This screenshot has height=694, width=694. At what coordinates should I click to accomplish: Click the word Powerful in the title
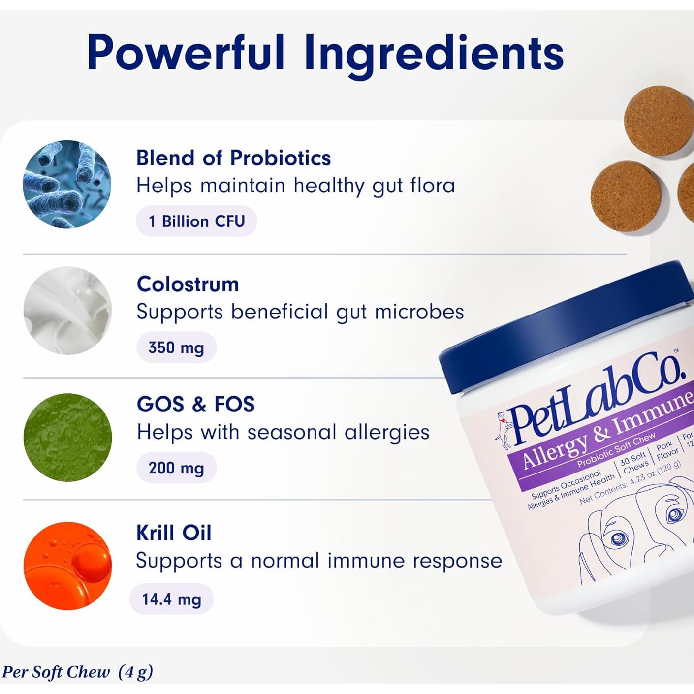click(x=186, y=53)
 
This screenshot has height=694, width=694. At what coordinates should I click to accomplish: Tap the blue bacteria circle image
click(x=67, y=185)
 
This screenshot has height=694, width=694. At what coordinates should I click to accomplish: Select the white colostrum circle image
click(x=67, y=311)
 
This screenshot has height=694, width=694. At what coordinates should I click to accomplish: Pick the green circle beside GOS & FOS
click(x=67, y=437)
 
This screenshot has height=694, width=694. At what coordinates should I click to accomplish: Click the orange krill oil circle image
click(x=67, y=566)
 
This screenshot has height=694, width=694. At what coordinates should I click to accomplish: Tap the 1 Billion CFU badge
click(x=196, y=221)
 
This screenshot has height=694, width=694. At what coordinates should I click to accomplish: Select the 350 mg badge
click(x=176, y=347)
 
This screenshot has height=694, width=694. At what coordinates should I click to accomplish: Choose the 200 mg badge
click(x=176, y=468)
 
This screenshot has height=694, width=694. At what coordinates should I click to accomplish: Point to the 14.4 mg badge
click(x=171, y=599)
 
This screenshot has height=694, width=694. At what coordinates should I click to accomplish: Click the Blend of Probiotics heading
click(x=233, y=158)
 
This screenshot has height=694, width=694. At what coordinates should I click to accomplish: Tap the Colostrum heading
click(x=188, y=284)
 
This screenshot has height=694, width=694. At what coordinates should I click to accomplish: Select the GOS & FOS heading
click(x=195, y=404)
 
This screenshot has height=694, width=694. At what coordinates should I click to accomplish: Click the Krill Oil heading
click(x=174, y=533)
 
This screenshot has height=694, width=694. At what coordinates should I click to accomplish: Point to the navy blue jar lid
click(x=566, y=320)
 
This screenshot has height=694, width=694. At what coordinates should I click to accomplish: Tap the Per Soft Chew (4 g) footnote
click(x=77, y=672)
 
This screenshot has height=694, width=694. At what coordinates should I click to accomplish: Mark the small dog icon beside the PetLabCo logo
click(x=503, y=430)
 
